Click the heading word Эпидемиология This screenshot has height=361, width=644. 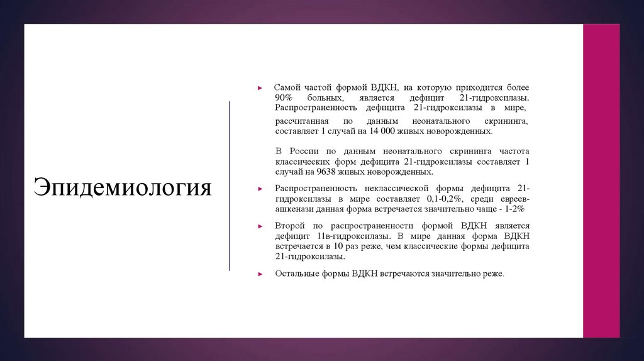pyautogui.click(x=123, y=188)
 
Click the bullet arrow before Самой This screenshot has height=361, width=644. pyautogui.click(x=260, y=88)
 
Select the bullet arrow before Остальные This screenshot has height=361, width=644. pyautogui.click(x=260, y=274)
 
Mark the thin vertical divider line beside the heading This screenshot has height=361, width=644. pyautogui.click(x=230, y=186)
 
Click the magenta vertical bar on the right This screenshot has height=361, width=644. pyautogui.click(x=601, y=181)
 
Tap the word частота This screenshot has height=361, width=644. pyautogui.click(x=514, y=152)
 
